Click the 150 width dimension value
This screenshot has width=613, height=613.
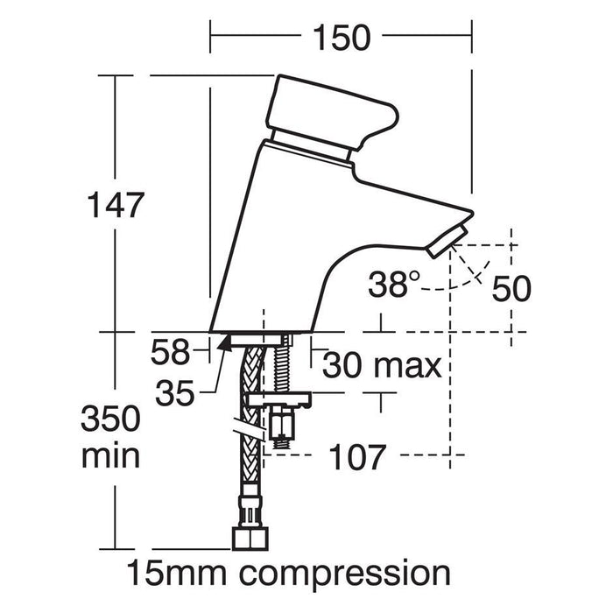342,38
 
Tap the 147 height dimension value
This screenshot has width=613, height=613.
116,204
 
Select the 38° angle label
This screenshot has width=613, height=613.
394,284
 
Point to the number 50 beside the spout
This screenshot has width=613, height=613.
511,288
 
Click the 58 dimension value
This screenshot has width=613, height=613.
171,352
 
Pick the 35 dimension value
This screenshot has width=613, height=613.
175,392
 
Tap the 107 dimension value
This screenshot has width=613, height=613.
357,457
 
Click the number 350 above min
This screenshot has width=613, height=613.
110,419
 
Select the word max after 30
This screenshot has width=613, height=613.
408,367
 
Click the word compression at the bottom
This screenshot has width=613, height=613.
345,574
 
